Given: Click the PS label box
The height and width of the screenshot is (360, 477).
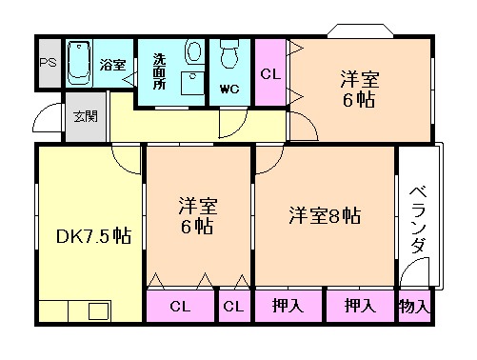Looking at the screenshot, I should point(48,64).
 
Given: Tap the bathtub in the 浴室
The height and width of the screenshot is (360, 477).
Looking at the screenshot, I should point(80,64).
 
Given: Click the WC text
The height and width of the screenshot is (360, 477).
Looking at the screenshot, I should point(229,90).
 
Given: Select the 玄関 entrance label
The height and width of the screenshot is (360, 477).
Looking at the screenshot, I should point(85,117).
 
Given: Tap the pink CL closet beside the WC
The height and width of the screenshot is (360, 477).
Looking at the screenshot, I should point(270,72).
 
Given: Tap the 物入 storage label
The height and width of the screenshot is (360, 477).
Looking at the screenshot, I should point(414,307).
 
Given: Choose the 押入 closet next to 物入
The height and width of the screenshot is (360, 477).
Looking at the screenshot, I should point(359,307).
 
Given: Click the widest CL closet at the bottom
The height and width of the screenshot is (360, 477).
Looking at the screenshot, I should point(180,307).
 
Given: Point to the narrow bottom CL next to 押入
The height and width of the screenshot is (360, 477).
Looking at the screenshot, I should point(233,307).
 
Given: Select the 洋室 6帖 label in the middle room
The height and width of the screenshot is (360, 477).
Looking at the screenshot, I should point(197,215).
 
